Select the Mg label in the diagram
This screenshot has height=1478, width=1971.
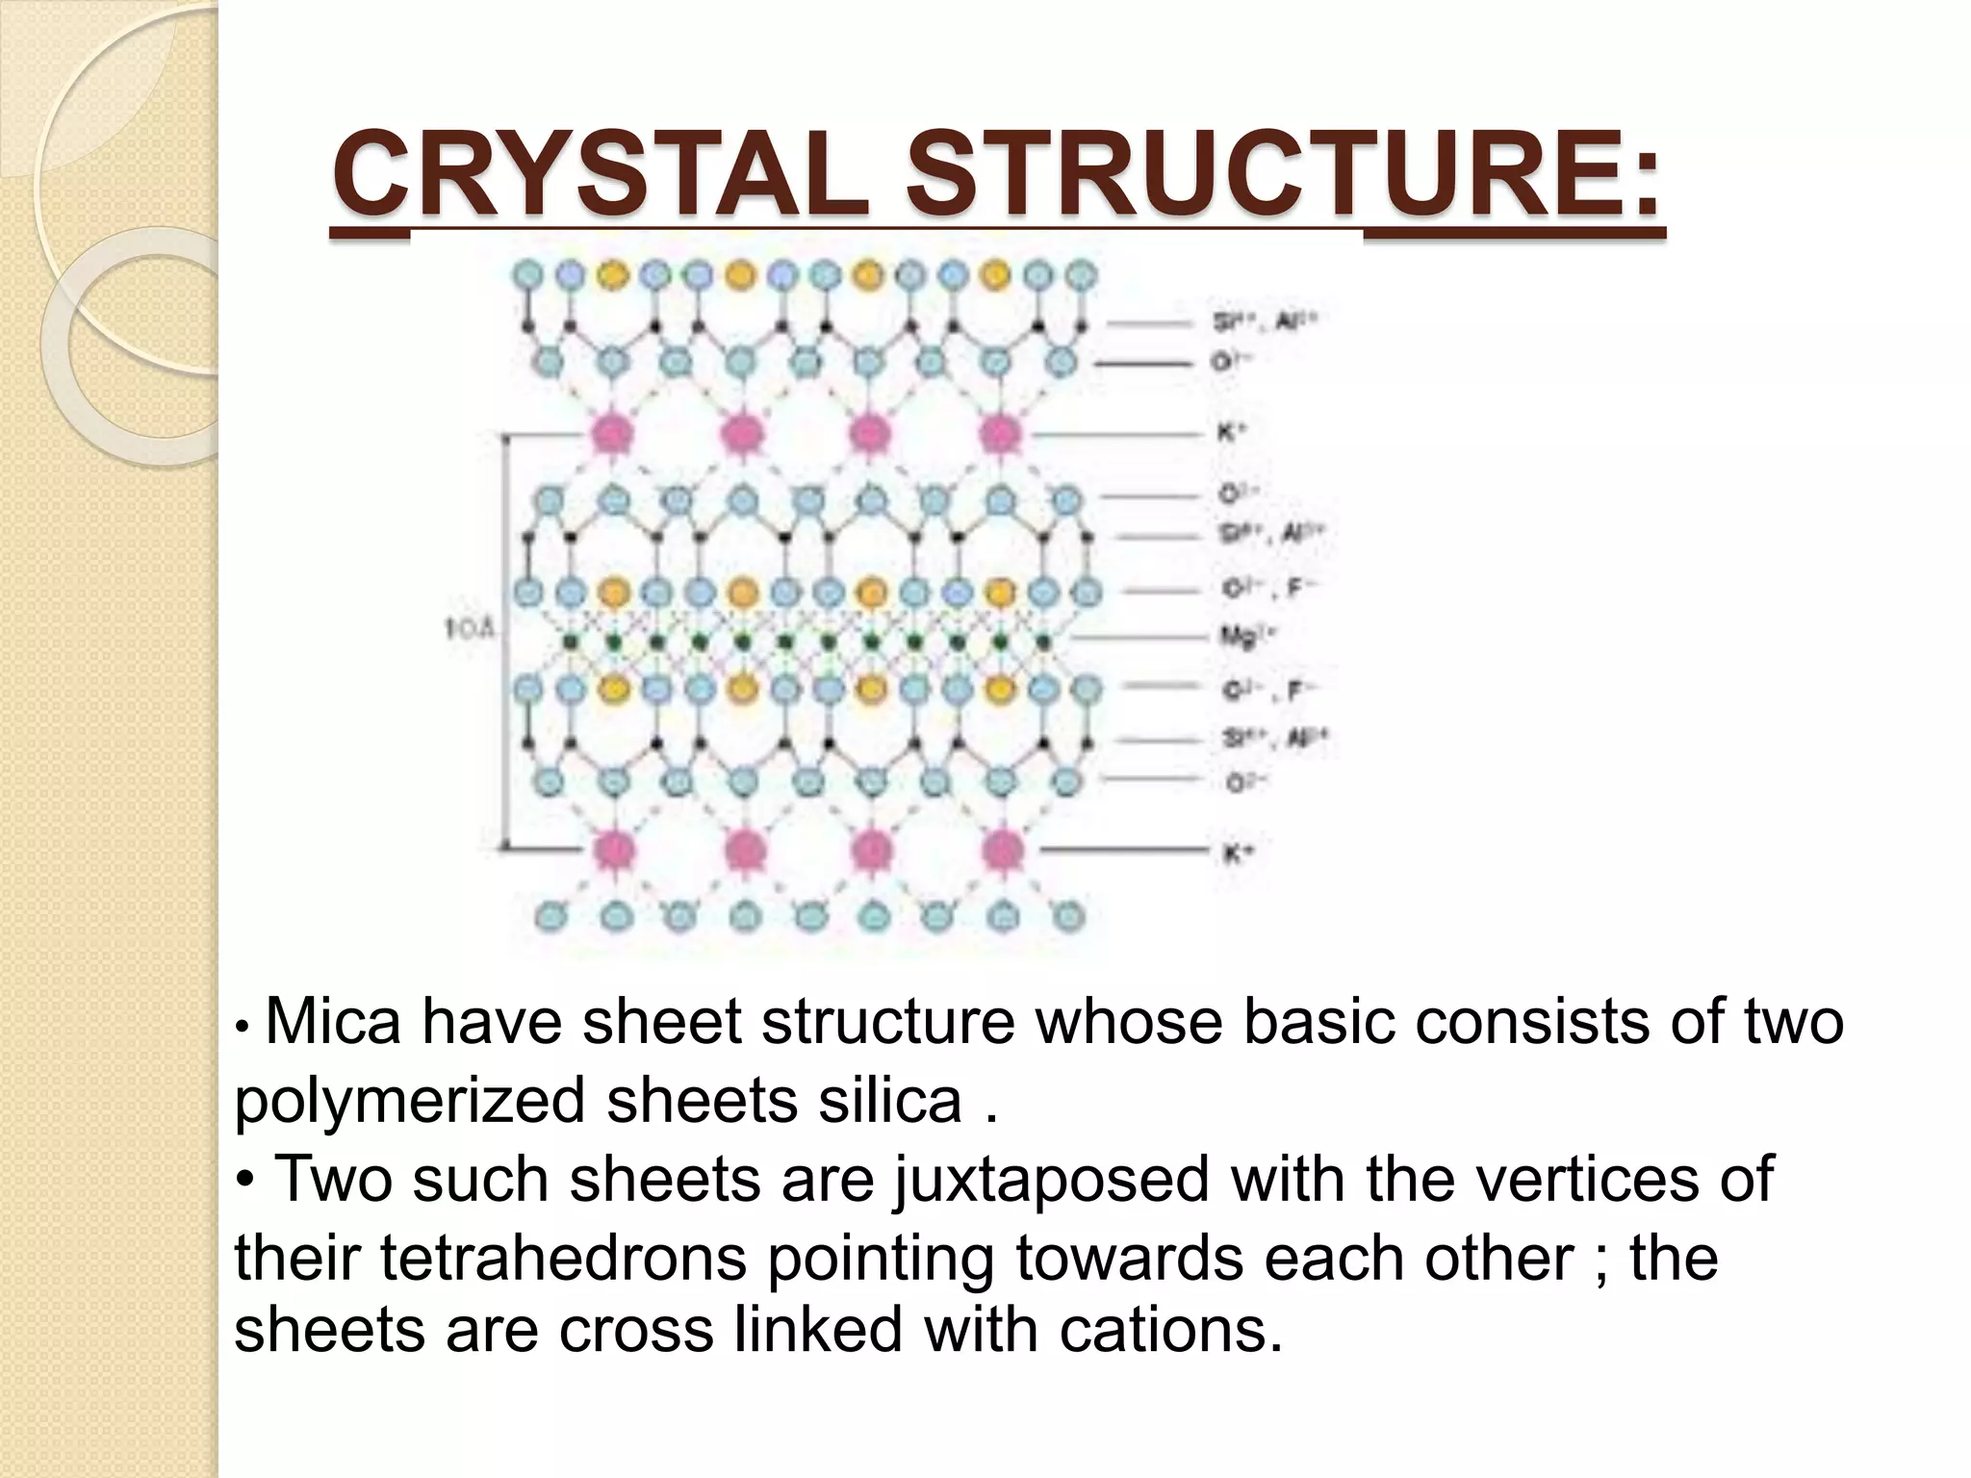[1247, 635]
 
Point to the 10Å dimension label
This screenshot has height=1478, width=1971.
[470, 630]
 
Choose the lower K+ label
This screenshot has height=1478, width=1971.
[1236, 853]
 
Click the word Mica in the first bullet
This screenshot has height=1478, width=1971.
[332, 1022]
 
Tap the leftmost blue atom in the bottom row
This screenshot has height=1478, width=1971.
[550, 917]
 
